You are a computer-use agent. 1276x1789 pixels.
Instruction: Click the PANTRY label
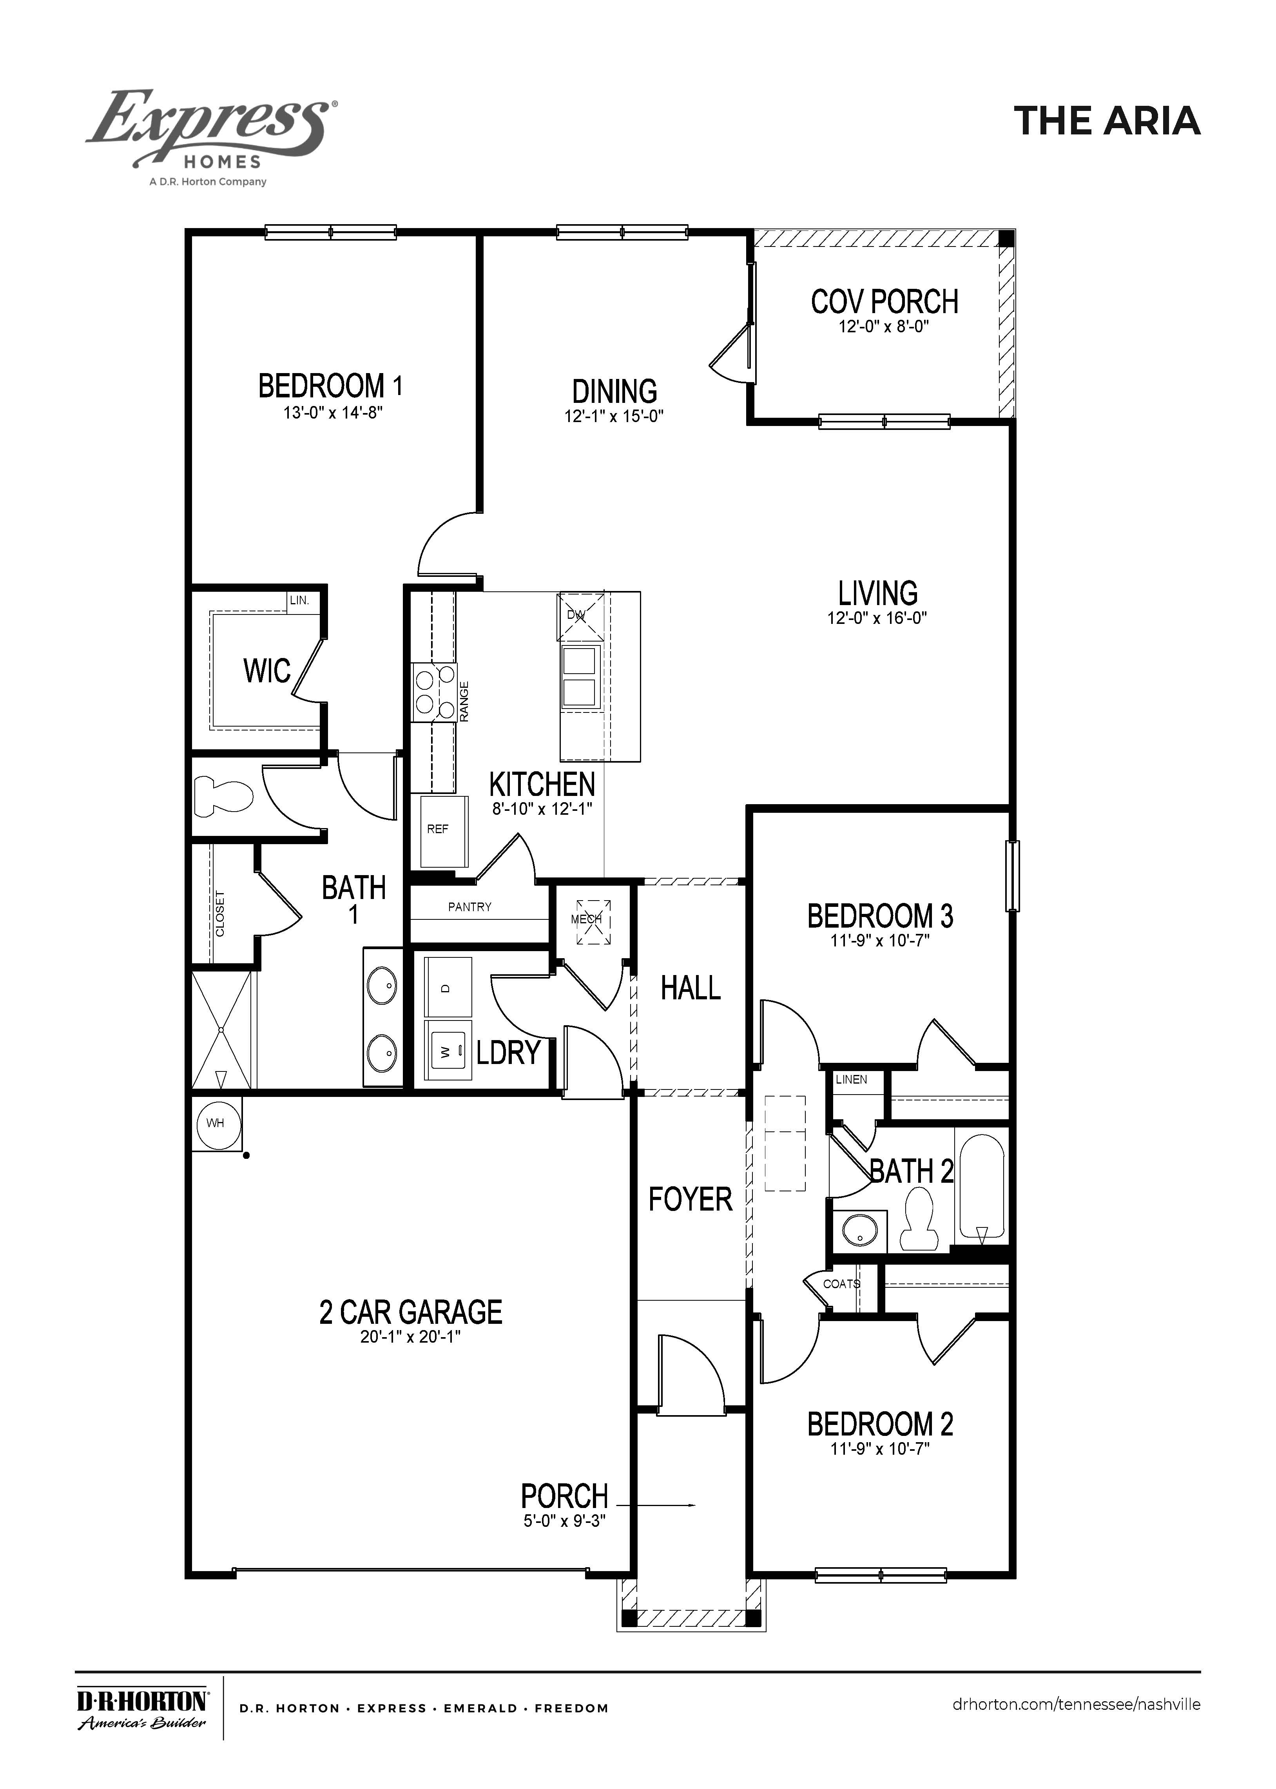tap(470, 907)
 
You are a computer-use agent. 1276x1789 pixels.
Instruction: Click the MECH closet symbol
tap(593, 922)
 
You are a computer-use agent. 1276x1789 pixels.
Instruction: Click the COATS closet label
tap(841, 1284)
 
